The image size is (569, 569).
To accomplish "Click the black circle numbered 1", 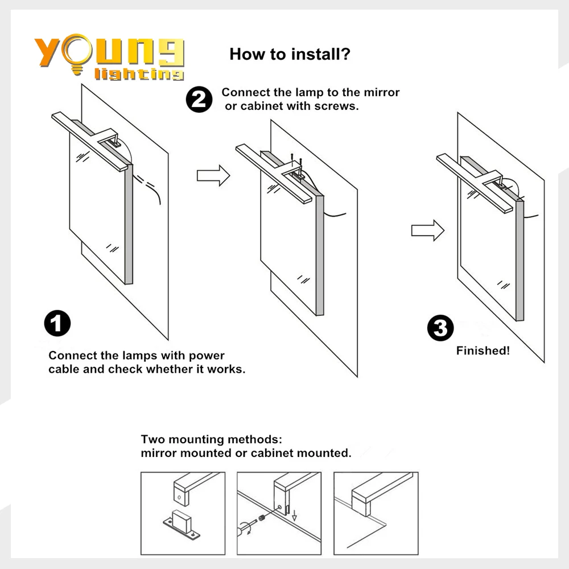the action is [x=57, y=324].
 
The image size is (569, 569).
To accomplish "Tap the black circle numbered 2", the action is [x=199, y=100].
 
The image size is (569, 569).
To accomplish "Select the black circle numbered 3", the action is [x=440, y=329].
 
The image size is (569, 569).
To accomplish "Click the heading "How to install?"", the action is [x=290, y=55].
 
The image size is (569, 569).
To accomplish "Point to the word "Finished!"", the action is [x=483, y=351].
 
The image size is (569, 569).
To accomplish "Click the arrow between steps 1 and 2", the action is [x=213, y=175].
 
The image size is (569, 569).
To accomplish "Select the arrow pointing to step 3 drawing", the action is [x=427, y=230].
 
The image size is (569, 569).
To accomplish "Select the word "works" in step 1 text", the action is [x=225, y=369].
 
